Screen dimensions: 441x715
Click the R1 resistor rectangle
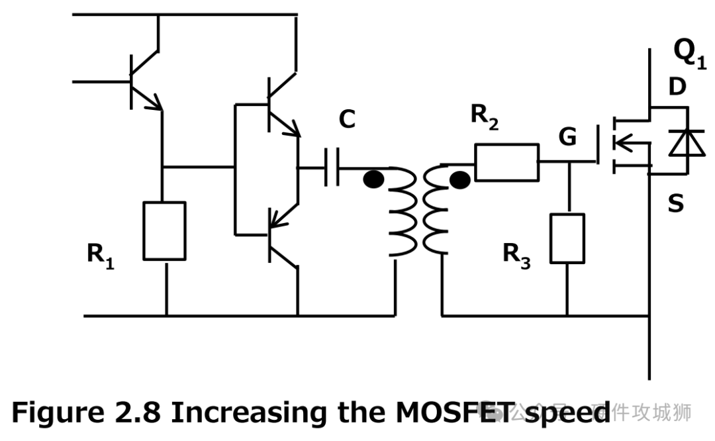point(164,230)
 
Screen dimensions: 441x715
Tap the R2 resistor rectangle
point(507,162)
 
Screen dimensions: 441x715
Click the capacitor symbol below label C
point(331,168)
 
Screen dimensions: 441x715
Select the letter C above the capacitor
point(347,120)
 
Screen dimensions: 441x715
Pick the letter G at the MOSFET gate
point(567,137)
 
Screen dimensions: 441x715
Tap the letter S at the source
point(675,204)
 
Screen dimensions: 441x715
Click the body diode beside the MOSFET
point(682,142)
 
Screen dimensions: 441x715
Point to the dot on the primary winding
point(374,179)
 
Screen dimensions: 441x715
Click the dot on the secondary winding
point(459,179)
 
